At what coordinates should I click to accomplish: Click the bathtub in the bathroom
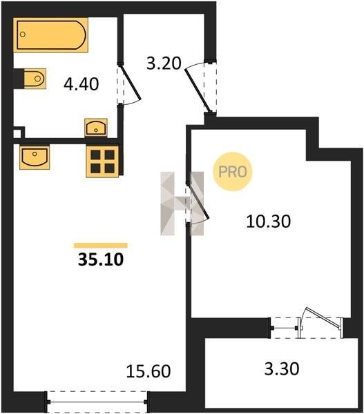[x=50, y=35]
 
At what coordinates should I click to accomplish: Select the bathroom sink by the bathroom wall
[x=96, y=128]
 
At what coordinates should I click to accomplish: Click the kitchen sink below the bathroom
[x=35, y=157]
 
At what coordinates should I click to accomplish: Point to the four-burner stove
[x=102, y=161]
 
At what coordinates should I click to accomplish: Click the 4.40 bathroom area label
[x=81, y=84]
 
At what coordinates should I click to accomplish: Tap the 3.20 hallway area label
[x=164, y=63]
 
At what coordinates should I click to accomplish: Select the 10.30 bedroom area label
[x=268, y=221]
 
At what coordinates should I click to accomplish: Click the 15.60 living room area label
[x=149, y=371]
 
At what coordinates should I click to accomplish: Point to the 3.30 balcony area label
[x=282, y=368]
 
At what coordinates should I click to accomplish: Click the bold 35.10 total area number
[x=101, y=259]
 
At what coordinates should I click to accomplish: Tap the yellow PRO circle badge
[x=233, y=172]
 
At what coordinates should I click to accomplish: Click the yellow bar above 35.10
[x=101, y=246]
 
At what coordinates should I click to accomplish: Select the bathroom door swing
[x=130, y=83]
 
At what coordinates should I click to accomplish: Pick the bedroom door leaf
[x=200, y=200]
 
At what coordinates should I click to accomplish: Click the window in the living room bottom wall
[x=97, y=402]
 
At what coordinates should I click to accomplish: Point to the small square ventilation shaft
[x=18, y=132]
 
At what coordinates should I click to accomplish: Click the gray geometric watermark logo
[x=182, y=204]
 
